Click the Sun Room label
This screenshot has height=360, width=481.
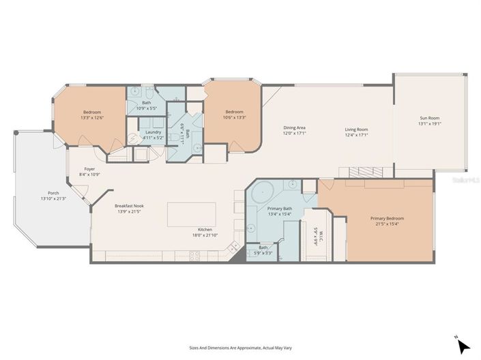(430, 118)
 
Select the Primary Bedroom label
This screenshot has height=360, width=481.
(388, 219)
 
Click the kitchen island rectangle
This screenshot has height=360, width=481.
(192, 214)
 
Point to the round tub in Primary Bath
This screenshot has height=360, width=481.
(263, 194)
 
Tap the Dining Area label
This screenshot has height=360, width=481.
(294, 129)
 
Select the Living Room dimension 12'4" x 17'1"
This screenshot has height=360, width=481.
(356, 135)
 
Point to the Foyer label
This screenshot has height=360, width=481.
(89, 168)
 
